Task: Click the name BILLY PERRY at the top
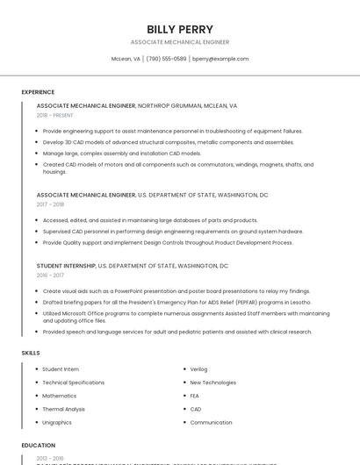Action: pos(180,29)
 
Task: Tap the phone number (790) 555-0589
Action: pos(166,59)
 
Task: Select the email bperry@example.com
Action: pos(220,59)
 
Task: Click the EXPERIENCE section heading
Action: pos(38,92)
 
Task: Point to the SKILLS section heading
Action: pos(31,353)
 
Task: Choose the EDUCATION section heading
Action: pos(39,446)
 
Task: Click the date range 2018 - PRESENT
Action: pos(55,115)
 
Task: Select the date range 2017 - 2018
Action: pos(50,204)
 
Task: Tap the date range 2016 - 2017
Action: pos(50,275)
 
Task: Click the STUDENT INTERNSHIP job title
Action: pos(66,265)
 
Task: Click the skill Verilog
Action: pos(199,369)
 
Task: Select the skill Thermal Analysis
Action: pos(64,409)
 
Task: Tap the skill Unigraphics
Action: pos(58,422)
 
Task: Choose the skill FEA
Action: pos(195,396)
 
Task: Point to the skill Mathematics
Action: pos(60,396)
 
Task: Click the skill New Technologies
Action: pos(212,383)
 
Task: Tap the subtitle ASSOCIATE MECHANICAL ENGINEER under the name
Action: pos(180,42)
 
